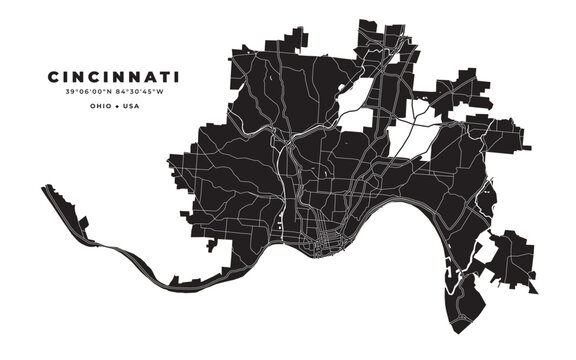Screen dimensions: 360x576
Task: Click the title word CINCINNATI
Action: [x=112, y=76]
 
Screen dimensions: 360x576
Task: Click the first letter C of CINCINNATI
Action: [x=51, y=76]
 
